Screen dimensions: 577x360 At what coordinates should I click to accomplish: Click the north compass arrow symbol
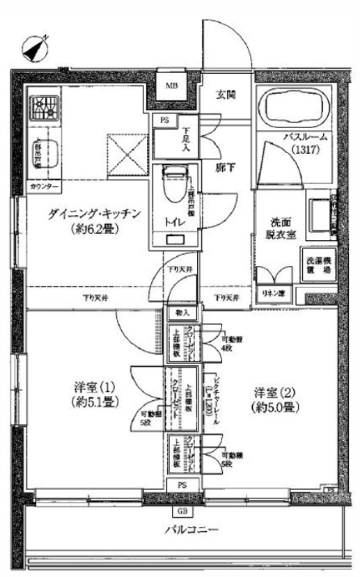[34, 47]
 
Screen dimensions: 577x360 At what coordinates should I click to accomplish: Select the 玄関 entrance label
[224, 95]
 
